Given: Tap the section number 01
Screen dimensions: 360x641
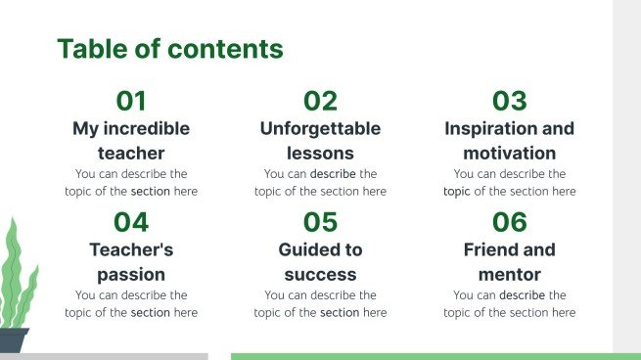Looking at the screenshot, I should tap(131, 101).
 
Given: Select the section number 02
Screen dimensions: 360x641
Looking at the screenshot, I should tap(320, 101).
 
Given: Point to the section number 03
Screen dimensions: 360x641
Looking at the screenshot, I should tap(509, 101).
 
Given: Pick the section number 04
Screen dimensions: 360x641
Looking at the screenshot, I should tap(131, 222).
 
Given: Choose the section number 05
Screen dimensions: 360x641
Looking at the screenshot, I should tap(320, 222).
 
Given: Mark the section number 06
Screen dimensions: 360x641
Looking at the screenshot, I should tap(509, 222).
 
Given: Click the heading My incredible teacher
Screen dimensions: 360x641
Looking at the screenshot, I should tap(131, 140).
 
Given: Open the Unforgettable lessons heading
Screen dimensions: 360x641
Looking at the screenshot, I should tap(320, 140).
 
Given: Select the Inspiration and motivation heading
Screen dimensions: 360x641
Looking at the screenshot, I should tap(509, 140).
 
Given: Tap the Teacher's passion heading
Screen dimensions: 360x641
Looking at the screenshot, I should tap(131, 261).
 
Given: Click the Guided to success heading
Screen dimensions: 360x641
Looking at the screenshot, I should tap(320, 261).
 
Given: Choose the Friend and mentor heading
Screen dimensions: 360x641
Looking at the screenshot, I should tap(509, 261).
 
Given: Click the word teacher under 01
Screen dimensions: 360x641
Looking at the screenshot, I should tap(131, 153).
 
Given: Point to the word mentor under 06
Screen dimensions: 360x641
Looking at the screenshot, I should tap(509, 274).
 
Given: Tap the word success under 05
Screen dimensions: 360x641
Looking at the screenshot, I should tap(320, 274).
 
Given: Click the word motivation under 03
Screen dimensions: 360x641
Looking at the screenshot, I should tap(509, 153).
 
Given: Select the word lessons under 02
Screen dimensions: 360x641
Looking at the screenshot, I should tap(320, 153).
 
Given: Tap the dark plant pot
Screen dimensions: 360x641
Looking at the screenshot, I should tap(13, 340).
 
